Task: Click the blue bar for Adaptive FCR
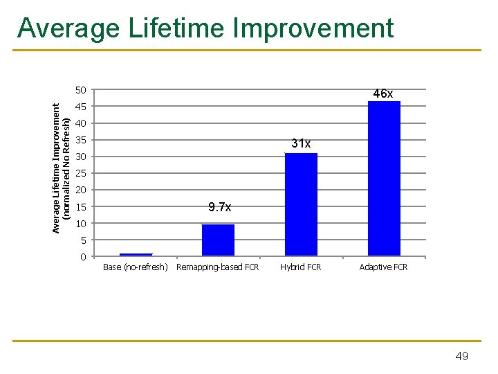[384, 179]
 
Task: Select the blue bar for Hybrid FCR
[301, 204]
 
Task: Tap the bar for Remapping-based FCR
[218, 240]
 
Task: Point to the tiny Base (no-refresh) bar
[136, 254]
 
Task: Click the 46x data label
[383, 93]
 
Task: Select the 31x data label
[301, 143]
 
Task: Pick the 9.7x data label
[219, 207]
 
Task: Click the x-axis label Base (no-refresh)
[135, 267]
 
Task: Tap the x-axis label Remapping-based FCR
[218, 267]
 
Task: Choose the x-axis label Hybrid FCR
[301, 267]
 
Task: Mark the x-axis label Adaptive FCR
[383, 267]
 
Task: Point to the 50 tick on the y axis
[81, 90]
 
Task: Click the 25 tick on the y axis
[81, 173]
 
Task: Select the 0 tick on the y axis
[83, 257]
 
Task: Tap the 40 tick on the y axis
[81, 123]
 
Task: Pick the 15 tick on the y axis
[81, 207]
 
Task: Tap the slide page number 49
[461, 356]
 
